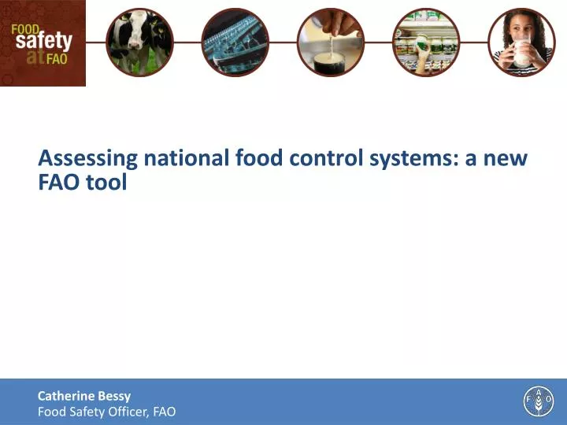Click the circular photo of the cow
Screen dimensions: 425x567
[x=139, y=42]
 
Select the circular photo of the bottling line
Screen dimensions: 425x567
[x=235, y=42]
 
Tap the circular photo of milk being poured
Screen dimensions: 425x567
[x=330, y=42]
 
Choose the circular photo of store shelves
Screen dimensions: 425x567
[x=425, y=42]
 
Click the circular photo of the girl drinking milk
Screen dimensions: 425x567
[x=521, y=42]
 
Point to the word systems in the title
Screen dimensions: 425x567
[x=411, y=159]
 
